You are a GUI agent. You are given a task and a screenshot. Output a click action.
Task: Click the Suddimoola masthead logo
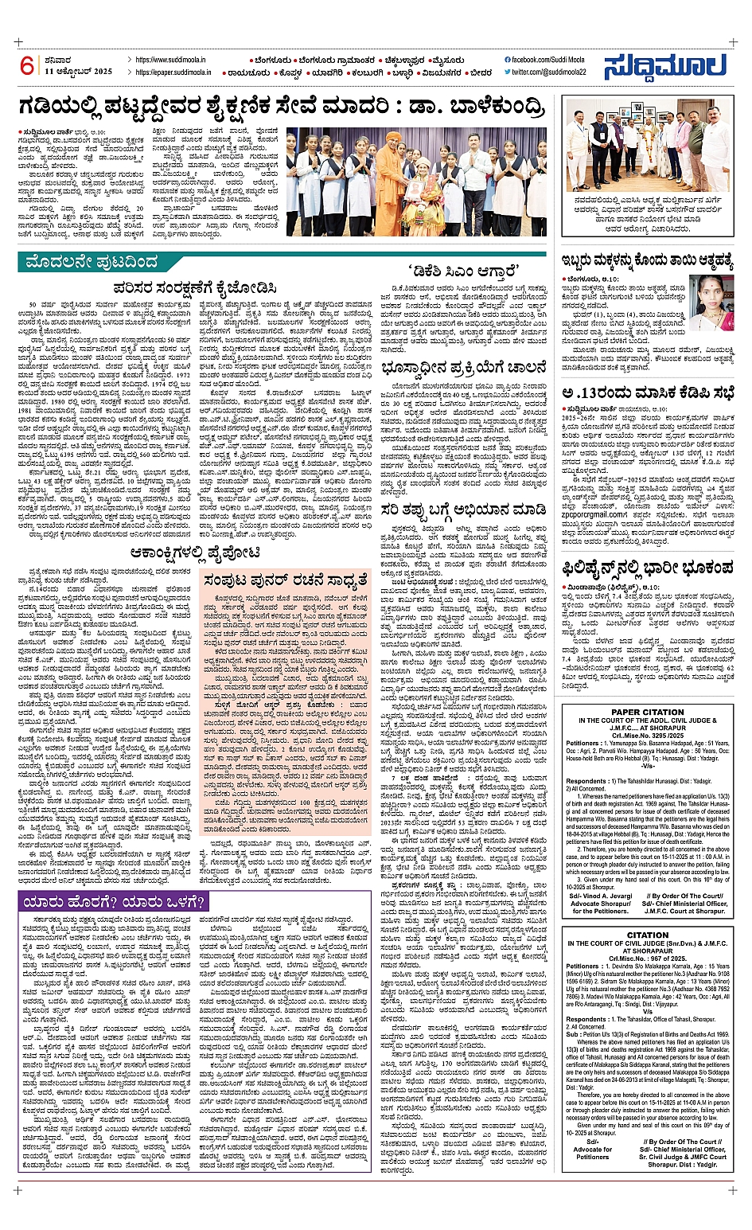[x=665, y=67]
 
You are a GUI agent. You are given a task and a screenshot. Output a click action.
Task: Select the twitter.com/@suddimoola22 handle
[x=548, y=72]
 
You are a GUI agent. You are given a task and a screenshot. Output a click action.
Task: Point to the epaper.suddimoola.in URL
[x=173, y=72]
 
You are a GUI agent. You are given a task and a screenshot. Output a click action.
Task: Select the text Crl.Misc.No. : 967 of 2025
[x=647, y=959]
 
